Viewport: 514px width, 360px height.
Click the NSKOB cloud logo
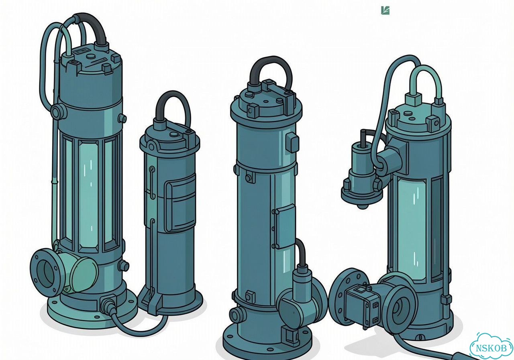pyautogui.click(x=491, y=348)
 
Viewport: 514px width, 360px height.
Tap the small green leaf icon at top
pyautogui.click(x=385, y=10)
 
